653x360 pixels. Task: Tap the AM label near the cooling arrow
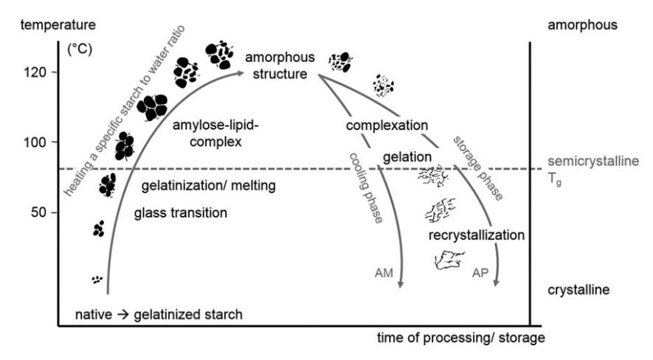(384, 272)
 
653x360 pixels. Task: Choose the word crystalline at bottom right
(578, 290)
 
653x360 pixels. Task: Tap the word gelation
(407, 158)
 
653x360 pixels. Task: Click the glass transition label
(180, 213)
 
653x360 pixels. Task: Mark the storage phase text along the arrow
(477, 168)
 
